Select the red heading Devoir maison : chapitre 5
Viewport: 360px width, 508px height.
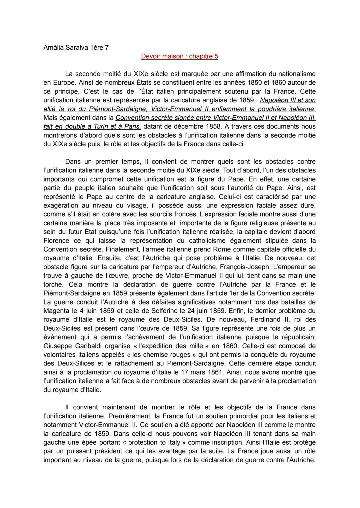pos(179,56)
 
